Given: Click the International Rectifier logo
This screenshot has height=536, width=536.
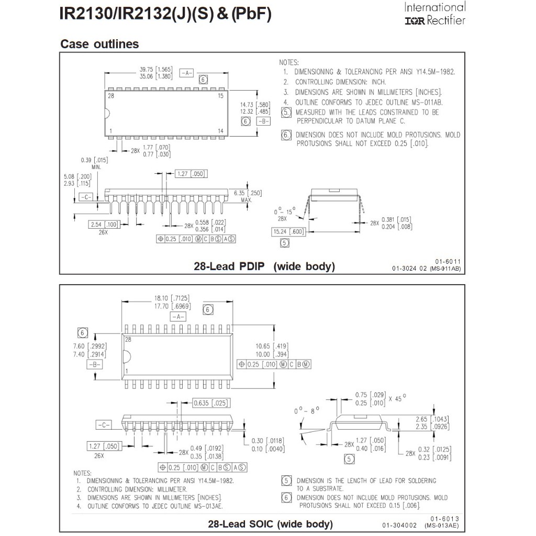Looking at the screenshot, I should click(x=434, y=14).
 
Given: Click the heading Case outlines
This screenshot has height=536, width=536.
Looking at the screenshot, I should click(x=99, y=44).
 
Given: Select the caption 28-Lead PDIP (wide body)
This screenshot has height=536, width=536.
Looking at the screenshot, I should click(x=264, y=266).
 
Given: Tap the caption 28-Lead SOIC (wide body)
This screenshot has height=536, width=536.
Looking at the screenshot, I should click(x=270, y=523).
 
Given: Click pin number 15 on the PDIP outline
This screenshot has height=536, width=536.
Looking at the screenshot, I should click(x=221, y=96).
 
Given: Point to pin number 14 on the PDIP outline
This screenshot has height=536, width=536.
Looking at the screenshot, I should click(x=221, y=130).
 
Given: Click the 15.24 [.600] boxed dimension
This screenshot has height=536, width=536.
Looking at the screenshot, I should click(x=288, y=231).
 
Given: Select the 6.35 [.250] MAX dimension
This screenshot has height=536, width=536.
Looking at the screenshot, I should click(x=248, y=196).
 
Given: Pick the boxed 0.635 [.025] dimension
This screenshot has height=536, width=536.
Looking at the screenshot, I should click(x=211, y=403).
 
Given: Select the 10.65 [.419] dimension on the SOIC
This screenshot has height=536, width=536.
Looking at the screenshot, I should click(x=271, y=345).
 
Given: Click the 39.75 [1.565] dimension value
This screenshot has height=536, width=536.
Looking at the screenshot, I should click(x=156, y=70).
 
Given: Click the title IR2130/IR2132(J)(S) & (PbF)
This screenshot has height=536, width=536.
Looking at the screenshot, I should click(x=166, y=14).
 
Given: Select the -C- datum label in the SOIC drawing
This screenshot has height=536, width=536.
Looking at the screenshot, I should click(x=103, y=425).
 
